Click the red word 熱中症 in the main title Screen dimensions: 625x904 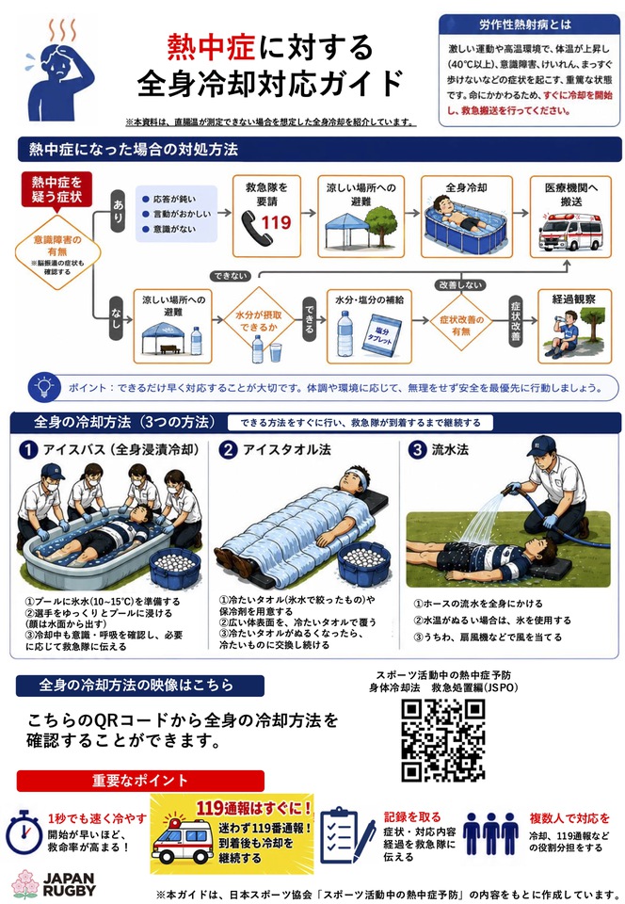(x=211, y=47)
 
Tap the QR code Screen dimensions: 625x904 (x=443, y=740)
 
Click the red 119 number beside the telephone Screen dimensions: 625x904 (x=277, y=222)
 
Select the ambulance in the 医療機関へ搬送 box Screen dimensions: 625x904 (x=570, y=232)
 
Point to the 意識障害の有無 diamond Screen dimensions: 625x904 (x=57, y=252)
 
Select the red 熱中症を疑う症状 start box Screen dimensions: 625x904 (x=56, y=189)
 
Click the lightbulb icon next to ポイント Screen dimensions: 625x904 (x=44, y=387)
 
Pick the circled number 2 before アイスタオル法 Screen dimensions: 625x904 (x=228, y=450)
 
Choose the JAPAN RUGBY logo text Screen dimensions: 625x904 (x=69, y=884)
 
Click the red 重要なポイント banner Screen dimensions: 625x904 (x=140, y=781)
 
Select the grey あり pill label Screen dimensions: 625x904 (x=118, y=212)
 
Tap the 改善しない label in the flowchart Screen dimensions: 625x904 (x=459, y=284)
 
